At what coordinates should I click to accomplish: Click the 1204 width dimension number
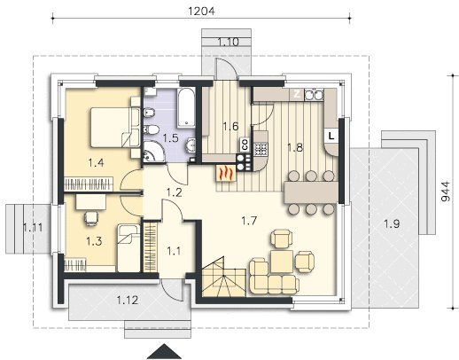[x=201, y=11]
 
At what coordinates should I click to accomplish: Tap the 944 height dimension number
[x=446, y=192]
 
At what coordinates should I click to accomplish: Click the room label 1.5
[x=171, y=137]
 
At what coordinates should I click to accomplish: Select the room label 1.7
[x=249, y=221]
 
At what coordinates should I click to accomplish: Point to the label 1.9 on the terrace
[x=392, y=223]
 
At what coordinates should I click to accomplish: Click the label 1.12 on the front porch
[x=128, y=301]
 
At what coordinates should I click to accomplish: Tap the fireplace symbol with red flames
[x=226, y=173]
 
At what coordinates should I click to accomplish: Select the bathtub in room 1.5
[x=186, y=108]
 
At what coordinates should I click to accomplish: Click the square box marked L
[x=331, y=136]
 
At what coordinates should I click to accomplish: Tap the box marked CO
[x=245, y=144]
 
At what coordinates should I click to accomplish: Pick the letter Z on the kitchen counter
[x=297, y=94]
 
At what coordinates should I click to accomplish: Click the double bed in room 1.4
[x=115, y=127]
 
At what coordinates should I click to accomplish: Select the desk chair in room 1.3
[x=91, y=217]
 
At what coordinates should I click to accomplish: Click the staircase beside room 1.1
[x=224, y=277]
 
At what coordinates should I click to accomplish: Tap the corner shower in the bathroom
[x=153, y=152]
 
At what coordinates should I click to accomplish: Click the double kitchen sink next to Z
[x=314, y=95]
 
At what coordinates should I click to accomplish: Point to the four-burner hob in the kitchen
[x=261, y=149]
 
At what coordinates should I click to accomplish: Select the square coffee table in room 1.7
[x=282, y=261]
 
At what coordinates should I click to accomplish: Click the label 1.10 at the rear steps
[x=228, y=43]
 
